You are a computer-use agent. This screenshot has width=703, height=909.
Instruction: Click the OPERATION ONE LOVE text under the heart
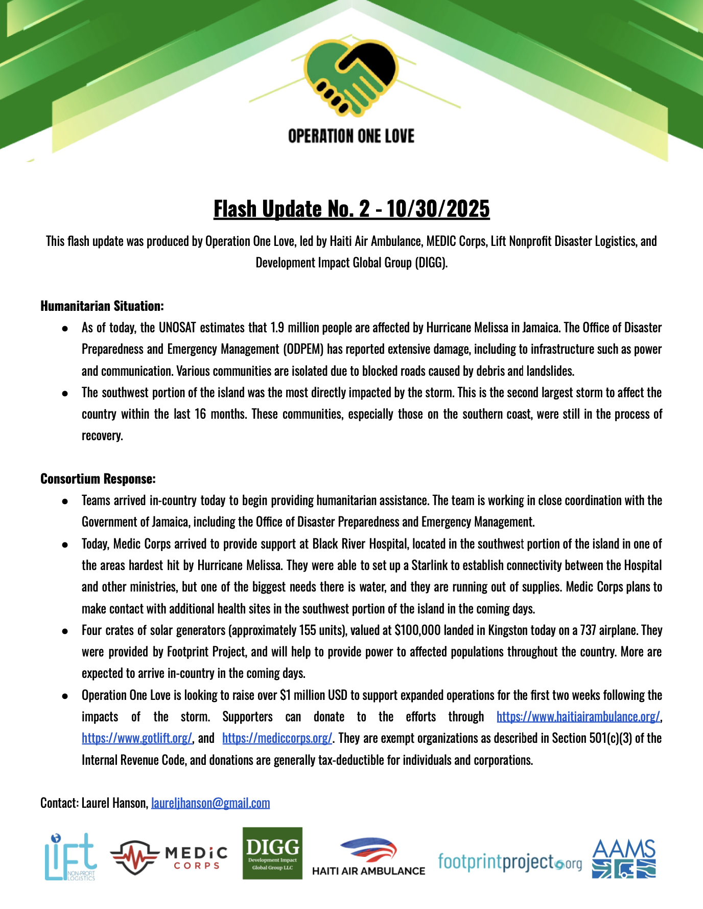[351, 137]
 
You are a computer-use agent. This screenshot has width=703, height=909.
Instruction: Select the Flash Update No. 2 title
[351, 209]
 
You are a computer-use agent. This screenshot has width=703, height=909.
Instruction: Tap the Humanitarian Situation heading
[102, 306]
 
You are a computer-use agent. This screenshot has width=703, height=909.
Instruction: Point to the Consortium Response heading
[98, 479]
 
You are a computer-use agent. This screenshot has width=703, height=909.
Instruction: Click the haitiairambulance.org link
[578, 717]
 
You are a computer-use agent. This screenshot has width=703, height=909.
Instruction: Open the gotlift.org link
[137, 738]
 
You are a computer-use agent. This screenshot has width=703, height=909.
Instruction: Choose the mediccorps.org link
[277, 738]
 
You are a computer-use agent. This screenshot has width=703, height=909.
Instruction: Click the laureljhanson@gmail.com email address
[210, 803]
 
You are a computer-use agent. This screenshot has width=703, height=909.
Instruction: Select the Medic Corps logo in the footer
[169, 858]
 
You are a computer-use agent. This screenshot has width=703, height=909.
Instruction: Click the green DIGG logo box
[272, 853]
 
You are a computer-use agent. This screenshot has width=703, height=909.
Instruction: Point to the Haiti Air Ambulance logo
[368, 857]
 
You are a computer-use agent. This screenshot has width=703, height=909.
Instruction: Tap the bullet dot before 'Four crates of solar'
[65, 631]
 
